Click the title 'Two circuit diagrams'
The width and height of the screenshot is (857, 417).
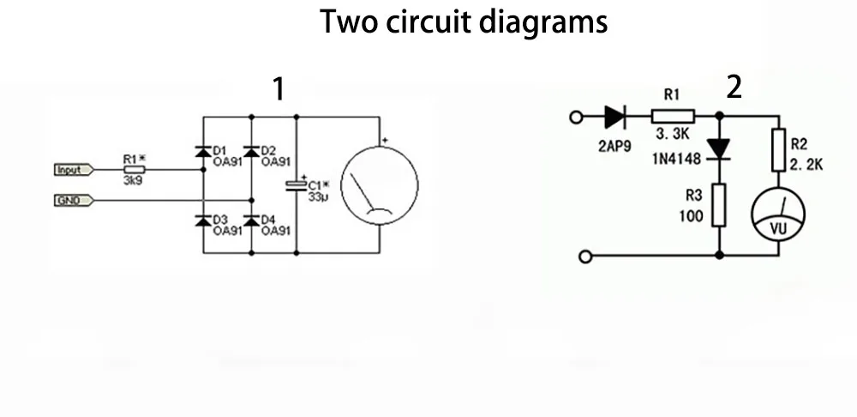tap(464, 21)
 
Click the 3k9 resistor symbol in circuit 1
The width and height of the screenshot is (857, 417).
tap(134, 170)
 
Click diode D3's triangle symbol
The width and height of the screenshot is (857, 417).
tap(203, 221)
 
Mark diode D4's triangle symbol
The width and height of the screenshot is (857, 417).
tap(251, 221)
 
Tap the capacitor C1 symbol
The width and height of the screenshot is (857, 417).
tap(297, 185)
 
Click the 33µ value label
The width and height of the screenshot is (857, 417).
tap(318, 196)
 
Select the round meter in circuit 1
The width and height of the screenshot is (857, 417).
tap(379, 184)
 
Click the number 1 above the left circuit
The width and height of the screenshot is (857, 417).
tap(278, 89)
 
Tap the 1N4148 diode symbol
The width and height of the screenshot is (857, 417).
tap(719, 150)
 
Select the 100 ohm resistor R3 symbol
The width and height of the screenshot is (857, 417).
tap(719, 205)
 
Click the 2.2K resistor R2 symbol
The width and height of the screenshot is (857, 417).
tap(778, 149)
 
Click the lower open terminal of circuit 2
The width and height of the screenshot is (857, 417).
tap(586, 256)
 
